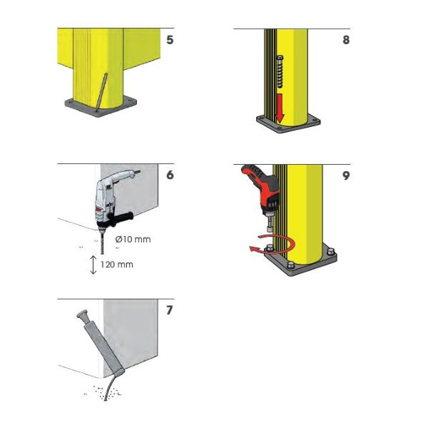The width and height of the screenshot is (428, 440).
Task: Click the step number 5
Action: pyautogui.click(x=170, y=40)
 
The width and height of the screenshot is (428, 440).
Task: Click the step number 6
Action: pyautogui.click(x=170, y=175)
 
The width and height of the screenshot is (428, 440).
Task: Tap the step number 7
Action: pyautogui.click(x=169, y=310)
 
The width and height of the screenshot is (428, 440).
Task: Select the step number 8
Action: pyautogui.click(x=346, y=40)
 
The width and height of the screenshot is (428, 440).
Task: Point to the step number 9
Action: pyautogui.click(x=346, y=175)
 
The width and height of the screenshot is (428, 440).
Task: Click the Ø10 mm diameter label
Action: pyautogui.click(x=133, y=240)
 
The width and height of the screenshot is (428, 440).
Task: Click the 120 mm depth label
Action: pyautogui.click(x=117, y=265)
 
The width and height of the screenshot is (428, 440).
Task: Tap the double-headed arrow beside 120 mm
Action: pyautogui.click(x=93, y=265)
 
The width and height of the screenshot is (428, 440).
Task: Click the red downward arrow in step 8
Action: pyautogui.click(x=280, y=108)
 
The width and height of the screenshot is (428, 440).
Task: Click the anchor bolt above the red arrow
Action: pyautogui.click(x=280, y=72)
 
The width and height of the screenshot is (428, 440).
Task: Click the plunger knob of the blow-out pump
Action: pyautogui.click(x=81, y=314)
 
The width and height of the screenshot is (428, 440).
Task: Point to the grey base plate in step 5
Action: pyautogui.click(x=101, y=107)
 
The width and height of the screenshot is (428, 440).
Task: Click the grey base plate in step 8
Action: pyautogui.click(x=288, y=123)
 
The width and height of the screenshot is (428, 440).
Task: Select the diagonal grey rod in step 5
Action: pyautogui.click(x=101, y=92)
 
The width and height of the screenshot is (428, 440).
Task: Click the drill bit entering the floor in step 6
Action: pyautogui.click(x=102, y=242)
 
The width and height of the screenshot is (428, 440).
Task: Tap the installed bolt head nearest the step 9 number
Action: pyautogui.click(x=331, y=252)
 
